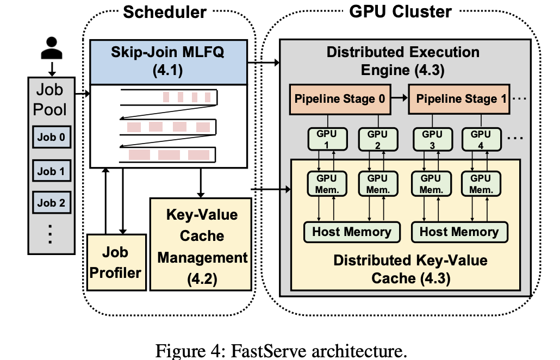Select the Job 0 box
tap(51, 138)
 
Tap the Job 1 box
tap(51, 171)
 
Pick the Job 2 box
tap(51, 203)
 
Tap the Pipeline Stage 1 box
tap(460, 99)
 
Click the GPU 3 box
tap(432, 139)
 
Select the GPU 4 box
tap(481, 139)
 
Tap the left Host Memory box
tap(351, 232)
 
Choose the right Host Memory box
tap(459, 232)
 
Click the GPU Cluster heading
tap(400, 12)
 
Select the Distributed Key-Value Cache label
tap(410, 269)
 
